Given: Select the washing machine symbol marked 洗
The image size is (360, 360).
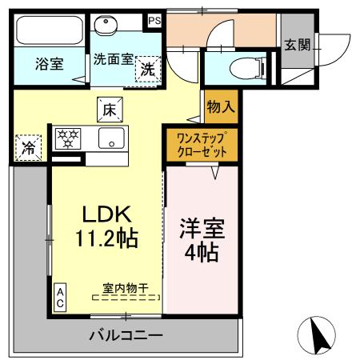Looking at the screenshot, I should click(x=148, y=69).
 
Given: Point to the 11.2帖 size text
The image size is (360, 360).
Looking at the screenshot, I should click(x=105, y=238).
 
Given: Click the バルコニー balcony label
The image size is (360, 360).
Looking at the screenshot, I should click(x=126, y=334).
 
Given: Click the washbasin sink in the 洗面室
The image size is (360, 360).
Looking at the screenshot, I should click(x=103, y=25).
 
